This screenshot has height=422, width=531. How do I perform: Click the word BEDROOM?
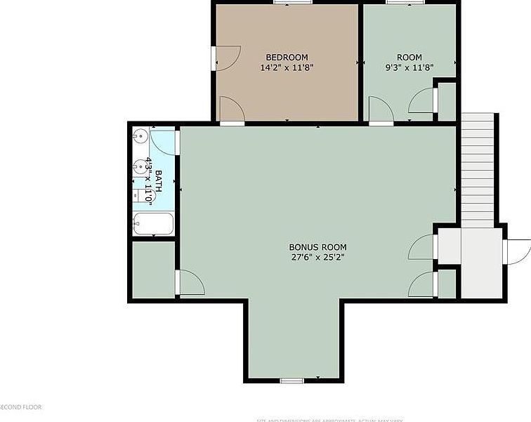click(x=287, y=58)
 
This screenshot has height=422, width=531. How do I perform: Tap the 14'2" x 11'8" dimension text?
click(x=287, y=68)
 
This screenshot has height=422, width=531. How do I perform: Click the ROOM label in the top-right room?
click(x=409, y=58)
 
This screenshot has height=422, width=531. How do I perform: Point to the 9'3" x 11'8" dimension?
click(x=409, y=68)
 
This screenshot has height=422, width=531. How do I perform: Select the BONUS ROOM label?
click(x=317, y=247)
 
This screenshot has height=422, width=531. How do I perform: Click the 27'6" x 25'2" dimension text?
click(x=317, y=257)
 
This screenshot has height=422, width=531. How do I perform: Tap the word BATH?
click(x=159, y=181)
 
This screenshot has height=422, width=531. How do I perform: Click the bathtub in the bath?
click(x=153, y=224)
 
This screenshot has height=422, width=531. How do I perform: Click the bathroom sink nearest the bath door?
click(x=141, y=136)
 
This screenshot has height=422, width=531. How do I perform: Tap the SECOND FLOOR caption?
click(x=21, y=407)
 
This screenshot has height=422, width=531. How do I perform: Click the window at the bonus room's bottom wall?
click(x=291, y=381)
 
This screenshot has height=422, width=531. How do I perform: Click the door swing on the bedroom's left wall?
click(x=227, y=58)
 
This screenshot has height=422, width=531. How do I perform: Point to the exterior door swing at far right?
click(x=518, y=251)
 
